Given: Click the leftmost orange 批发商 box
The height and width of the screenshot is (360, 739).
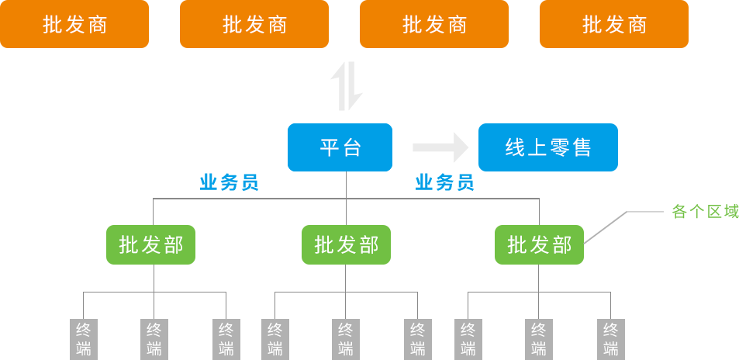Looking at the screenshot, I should tap(74, 24).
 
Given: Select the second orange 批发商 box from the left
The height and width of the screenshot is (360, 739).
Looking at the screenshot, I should tap(254, 24).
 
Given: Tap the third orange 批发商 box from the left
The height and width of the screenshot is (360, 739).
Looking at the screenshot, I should tap(434, 24).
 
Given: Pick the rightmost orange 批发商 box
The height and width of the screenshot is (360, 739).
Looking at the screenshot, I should tap(613, 24).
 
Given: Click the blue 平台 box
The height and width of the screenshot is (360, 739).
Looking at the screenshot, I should tap(340, 147).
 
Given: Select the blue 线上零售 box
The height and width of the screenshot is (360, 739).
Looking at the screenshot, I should tap(547, 147).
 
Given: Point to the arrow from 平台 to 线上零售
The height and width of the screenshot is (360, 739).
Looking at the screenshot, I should tap(440, 147).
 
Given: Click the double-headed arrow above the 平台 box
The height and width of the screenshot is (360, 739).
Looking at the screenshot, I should tap(347, 85).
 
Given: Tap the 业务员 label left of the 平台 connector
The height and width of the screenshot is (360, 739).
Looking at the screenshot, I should tap(229, 183).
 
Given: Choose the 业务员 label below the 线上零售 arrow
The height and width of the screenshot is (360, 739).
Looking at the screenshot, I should tap(444, 183).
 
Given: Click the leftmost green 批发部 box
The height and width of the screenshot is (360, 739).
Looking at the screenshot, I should tap(150, 245).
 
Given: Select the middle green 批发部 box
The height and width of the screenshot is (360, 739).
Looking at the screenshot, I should tap(346, 245).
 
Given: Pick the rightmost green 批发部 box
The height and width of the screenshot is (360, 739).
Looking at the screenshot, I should tap(539, 245).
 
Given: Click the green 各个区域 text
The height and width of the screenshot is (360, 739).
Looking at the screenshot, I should tap(705, 211).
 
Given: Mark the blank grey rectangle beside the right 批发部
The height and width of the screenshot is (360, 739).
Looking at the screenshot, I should tap(623, 227).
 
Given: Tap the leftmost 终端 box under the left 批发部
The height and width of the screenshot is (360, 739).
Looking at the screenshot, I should tap(83, 338).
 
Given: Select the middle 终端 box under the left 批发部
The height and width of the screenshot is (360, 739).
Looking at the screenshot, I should tap(154, 338).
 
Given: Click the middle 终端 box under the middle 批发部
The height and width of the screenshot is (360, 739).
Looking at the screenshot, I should tap(345, 338).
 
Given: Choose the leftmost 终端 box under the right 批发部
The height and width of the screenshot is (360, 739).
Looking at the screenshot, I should tap(468, 338).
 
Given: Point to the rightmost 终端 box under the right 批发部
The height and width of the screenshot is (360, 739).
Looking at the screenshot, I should tap(610, 338).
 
